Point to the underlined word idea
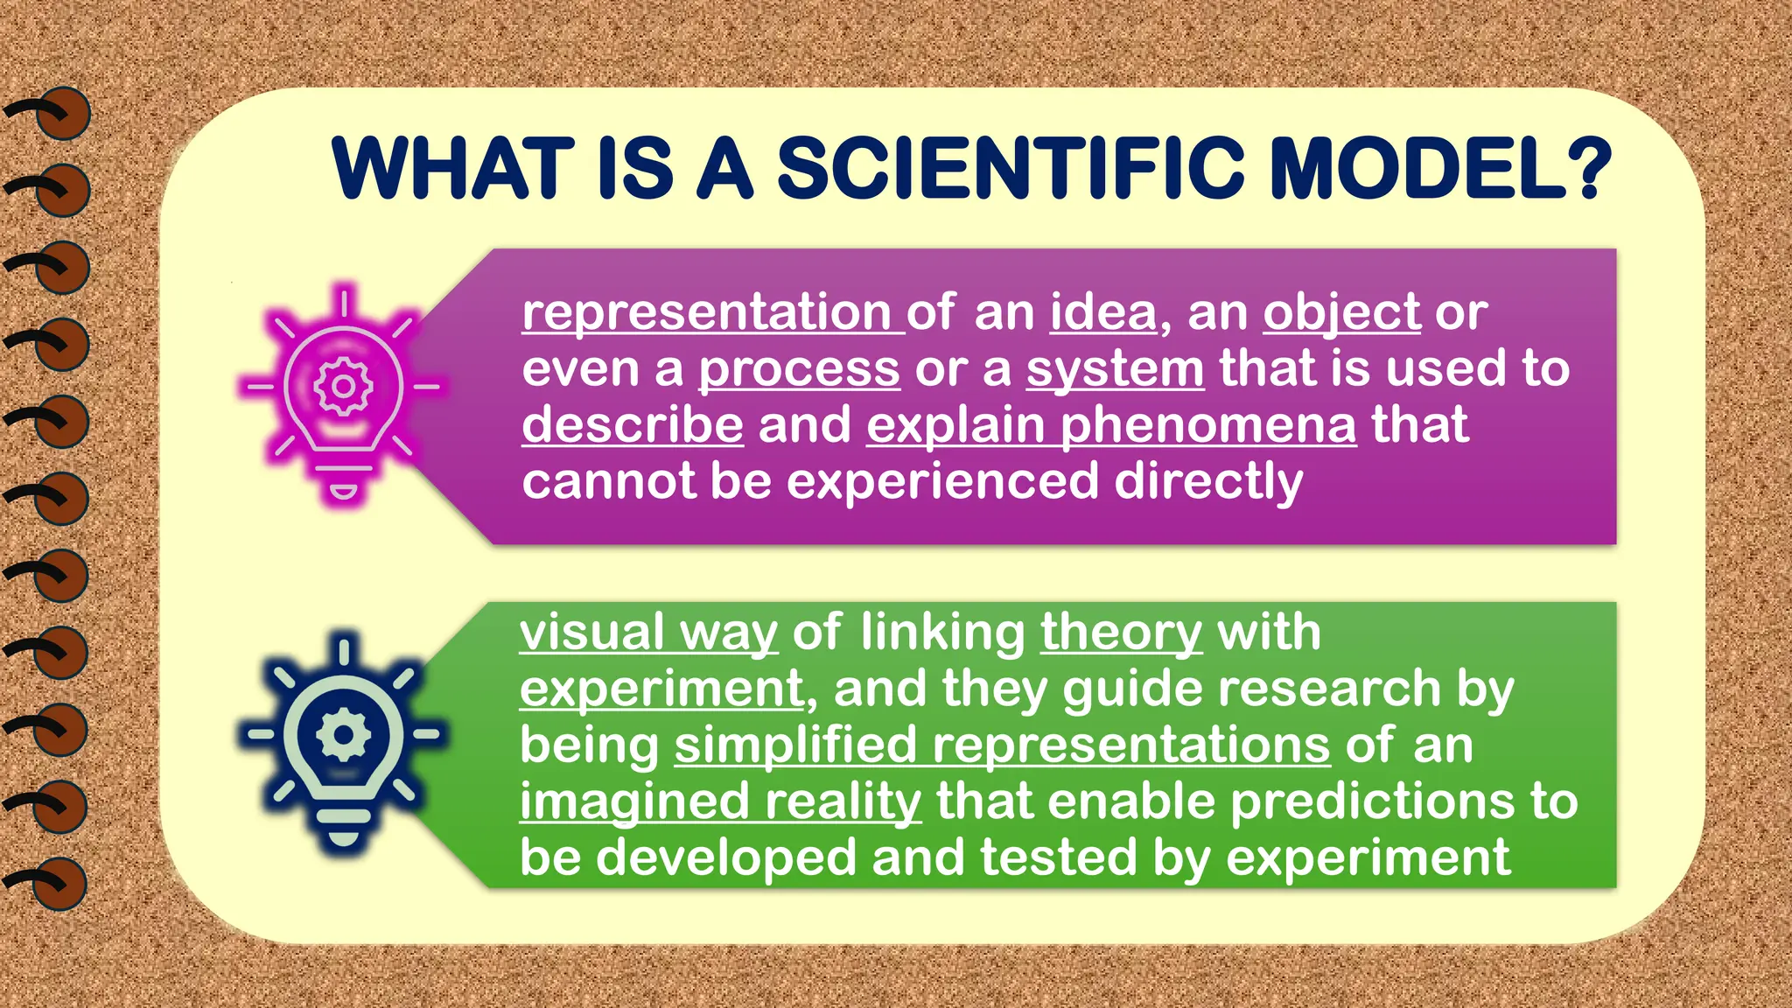1103,312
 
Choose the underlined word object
1341,312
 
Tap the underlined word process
799,369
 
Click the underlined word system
1115,369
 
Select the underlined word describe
633,425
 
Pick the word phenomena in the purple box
1208,425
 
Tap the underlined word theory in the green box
1121,633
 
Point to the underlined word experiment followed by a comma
661,689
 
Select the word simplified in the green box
794,745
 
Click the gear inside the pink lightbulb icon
343,386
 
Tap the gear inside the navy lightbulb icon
343,733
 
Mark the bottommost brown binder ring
59,884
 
